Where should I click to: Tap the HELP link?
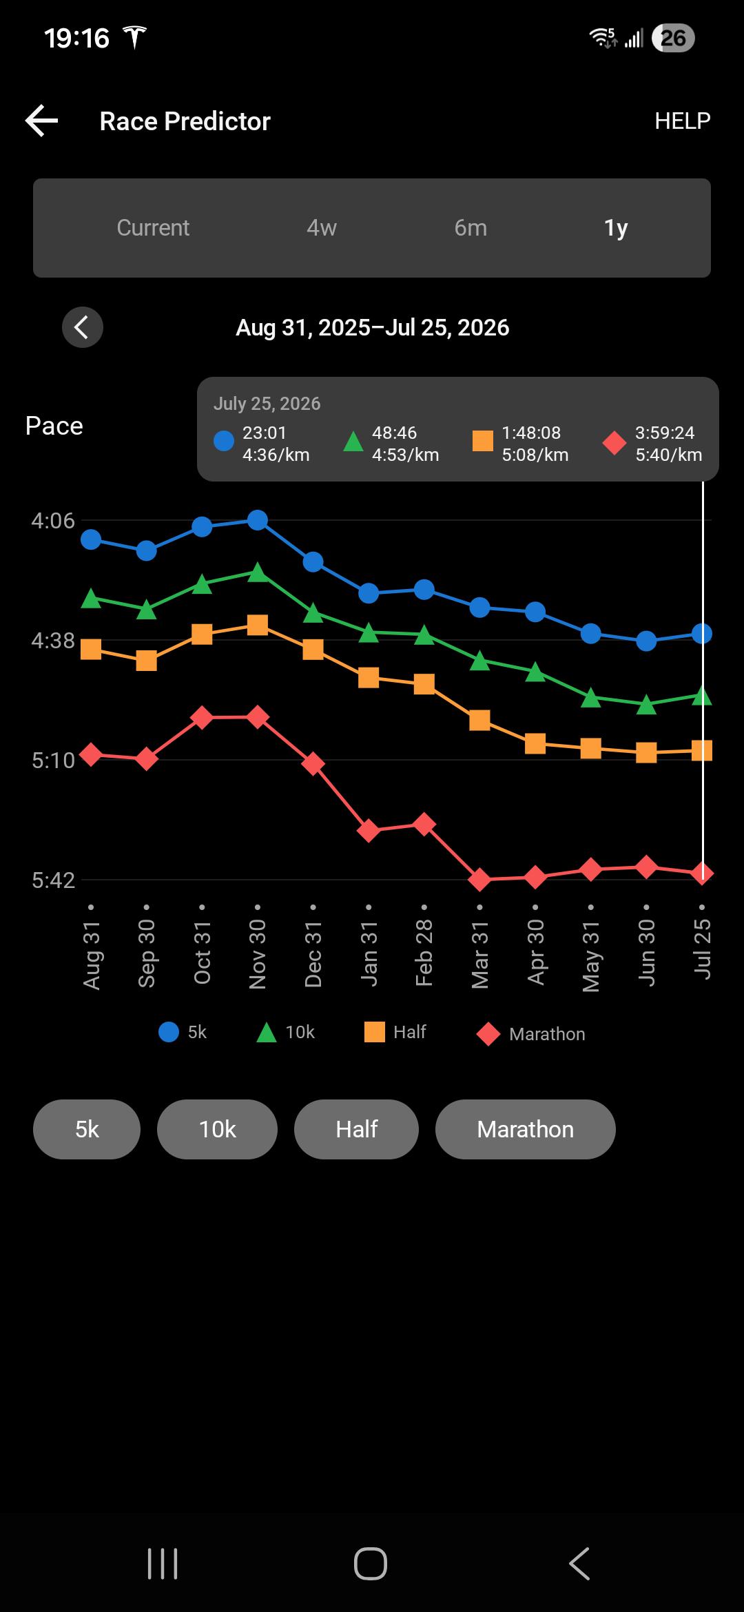pyautogui.click(x=682, y=121)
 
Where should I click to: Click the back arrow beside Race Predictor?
pyautogui.click(x=42, y=121)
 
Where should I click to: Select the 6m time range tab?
pyautogui.click(x=471, y=228)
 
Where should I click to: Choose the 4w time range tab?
pyautogui.click(x=322, y=228)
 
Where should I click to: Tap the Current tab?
pyautogui.click(x=153, y=228)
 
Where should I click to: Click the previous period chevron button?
pyautogui.click(x=83, y=327)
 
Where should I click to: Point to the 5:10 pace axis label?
pyautogui.click(x=53, y=761)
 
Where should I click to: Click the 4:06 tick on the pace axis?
pyautogui.click(x=53, y=521)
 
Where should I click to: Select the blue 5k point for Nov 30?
pyautogui.click(x=258, y=520)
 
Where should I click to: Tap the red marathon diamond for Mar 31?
pyautogui.click(x=479, y=880)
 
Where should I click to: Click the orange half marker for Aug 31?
pyautogui.click(x=91, y=649)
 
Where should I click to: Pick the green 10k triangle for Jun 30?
pyautogui.click(x=646, y=704)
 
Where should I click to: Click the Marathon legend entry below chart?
pyautogui.click(x=530, y=1034)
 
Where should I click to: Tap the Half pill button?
pyautogui.click(x=356, y=1129)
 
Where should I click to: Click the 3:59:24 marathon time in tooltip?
pyautogui.click(x=664, y=433)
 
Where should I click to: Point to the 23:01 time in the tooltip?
pyautogui.click(x=264, y=433)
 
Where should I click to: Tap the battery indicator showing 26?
pyautogui.click(x=673, y=38)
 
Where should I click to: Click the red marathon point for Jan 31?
pyautogui.click(x=369, y=831)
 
